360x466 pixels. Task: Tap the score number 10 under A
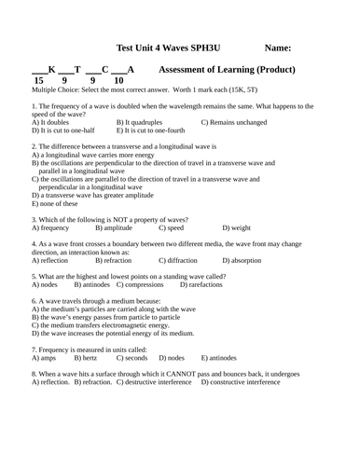click(x=118, y=81)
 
